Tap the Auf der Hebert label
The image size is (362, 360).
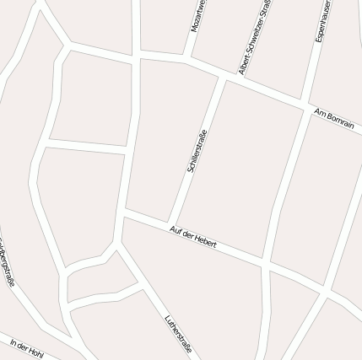[193, 236]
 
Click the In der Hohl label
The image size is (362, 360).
[27, 347]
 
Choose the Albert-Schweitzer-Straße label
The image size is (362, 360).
[254, 37]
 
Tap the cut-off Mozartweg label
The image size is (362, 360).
[198, 16]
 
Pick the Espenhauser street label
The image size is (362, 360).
[324, 20]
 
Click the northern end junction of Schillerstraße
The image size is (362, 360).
[223, 78]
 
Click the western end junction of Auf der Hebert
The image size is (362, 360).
[125, 213]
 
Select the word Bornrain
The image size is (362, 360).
[340, 121]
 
